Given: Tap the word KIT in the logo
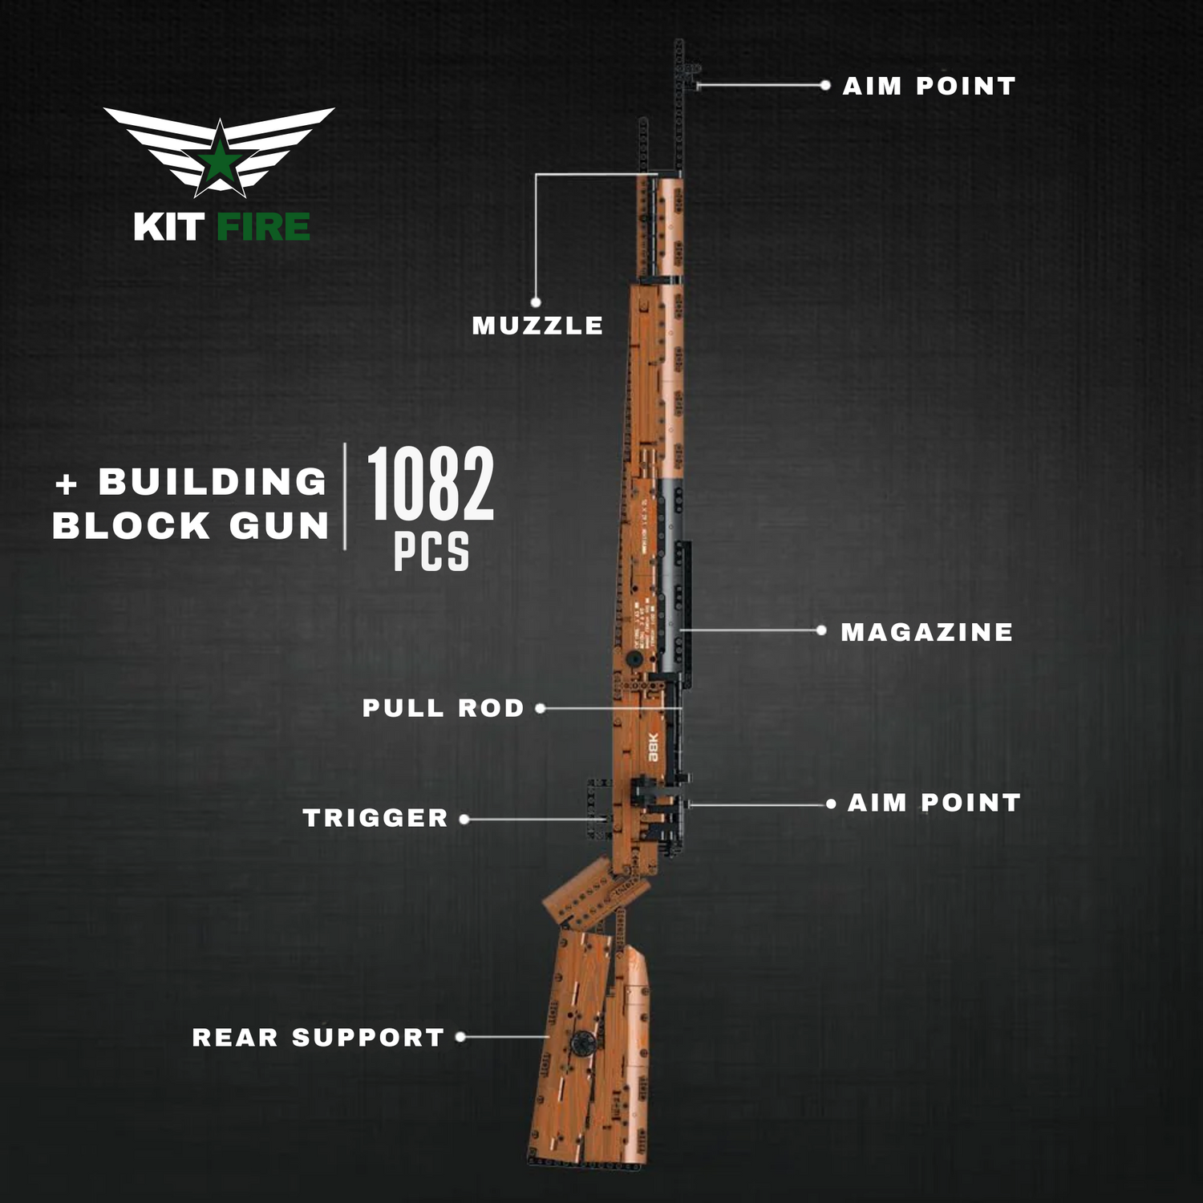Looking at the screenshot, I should (x=168, y=227).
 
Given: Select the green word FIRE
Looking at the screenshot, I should (x=263, y=227).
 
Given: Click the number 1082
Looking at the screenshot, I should (x=431, y=484).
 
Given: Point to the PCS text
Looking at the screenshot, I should (x=431, y=552).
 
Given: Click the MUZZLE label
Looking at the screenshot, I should (x=537, y=326).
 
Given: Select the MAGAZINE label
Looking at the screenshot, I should (x=926, y=632).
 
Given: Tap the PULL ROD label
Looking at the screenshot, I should (x=443, y=708).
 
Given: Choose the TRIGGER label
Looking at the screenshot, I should (x=375, y=818).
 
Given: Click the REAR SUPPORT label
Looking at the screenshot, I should (x=318, y=1038).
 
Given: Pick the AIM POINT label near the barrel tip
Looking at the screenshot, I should (x=929, y=86).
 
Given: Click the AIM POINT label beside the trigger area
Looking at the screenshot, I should (x=934, y=803).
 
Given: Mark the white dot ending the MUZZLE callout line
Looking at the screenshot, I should (x=536, y=302).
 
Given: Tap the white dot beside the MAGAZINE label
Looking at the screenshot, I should (x=821, y=631).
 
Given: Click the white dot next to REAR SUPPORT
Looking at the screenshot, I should (x=460, y=1037).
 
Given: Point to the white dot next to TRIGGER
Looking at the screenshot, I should (x=464, y=819).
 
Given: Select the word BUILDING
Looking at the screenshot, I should (x=213, y=482).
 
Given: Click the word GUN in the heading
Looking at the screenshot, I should (x=279, y=526).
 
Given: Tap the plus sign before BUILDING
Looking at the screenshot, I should (x=67, y=484).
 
